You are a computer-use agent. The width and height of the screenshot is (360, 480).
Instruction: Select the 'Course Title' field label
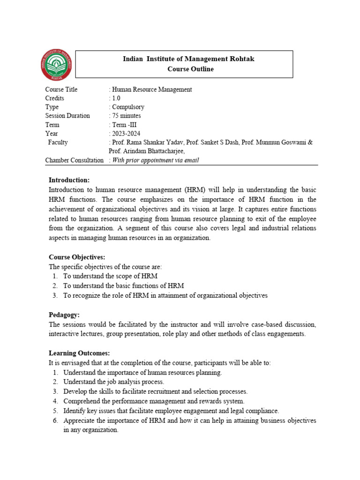pyautogui.click(x=61, y=90)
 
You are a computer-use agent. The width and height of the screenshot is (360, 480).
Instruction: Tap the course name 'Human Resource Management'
pyautogui.click(x=151, y=90)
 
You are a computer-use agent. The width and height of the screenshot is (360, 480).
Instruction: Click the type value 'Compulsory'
pyautogui.click(x=127, y=107)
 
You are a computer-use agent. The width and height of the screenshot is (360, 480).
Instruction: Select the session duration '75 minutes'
pyautogui.click(x=126, y=116)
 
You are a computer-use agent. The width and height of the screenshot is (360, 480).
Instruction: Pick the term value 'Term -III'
pyautogui.click(x=124, y=125)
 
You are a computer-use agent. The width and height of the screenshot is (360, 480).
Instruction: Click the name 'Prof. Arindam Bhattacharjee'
pyautogui.click(x=146, y=151)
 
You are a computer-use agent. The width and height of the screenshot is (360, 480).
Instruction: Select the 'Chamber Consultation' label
pyautogui.click(x=74, y=160)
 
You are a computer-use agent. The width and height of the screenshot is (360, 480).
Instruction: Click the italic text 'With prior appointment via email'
pyautogui.click(x=155, y=160)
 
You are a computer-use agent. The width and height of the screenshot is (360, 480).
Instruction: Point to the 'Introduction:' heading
pyautogui.click(x=69, y=180)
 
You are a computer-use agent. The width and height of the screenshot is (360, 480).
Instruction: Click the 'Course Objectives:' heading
pyautogui.click(x=77, y=257)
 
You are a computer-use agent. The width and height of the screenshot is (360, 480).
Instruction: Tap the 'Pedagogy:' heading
pyautogui.click(x=65, y=315)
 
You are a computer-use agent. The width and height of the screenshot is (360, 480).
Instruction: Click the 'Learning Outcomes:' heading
pyautogui.click(x=79, y=353)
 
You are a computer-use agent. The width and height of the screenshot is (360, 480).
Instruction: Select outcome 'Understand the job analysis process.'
pyautogui.click(x=114, y=382)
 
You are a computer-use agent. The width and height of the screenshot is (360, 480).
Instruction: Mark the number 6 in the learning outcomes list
pyautogui.click(x=55, y=420)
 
